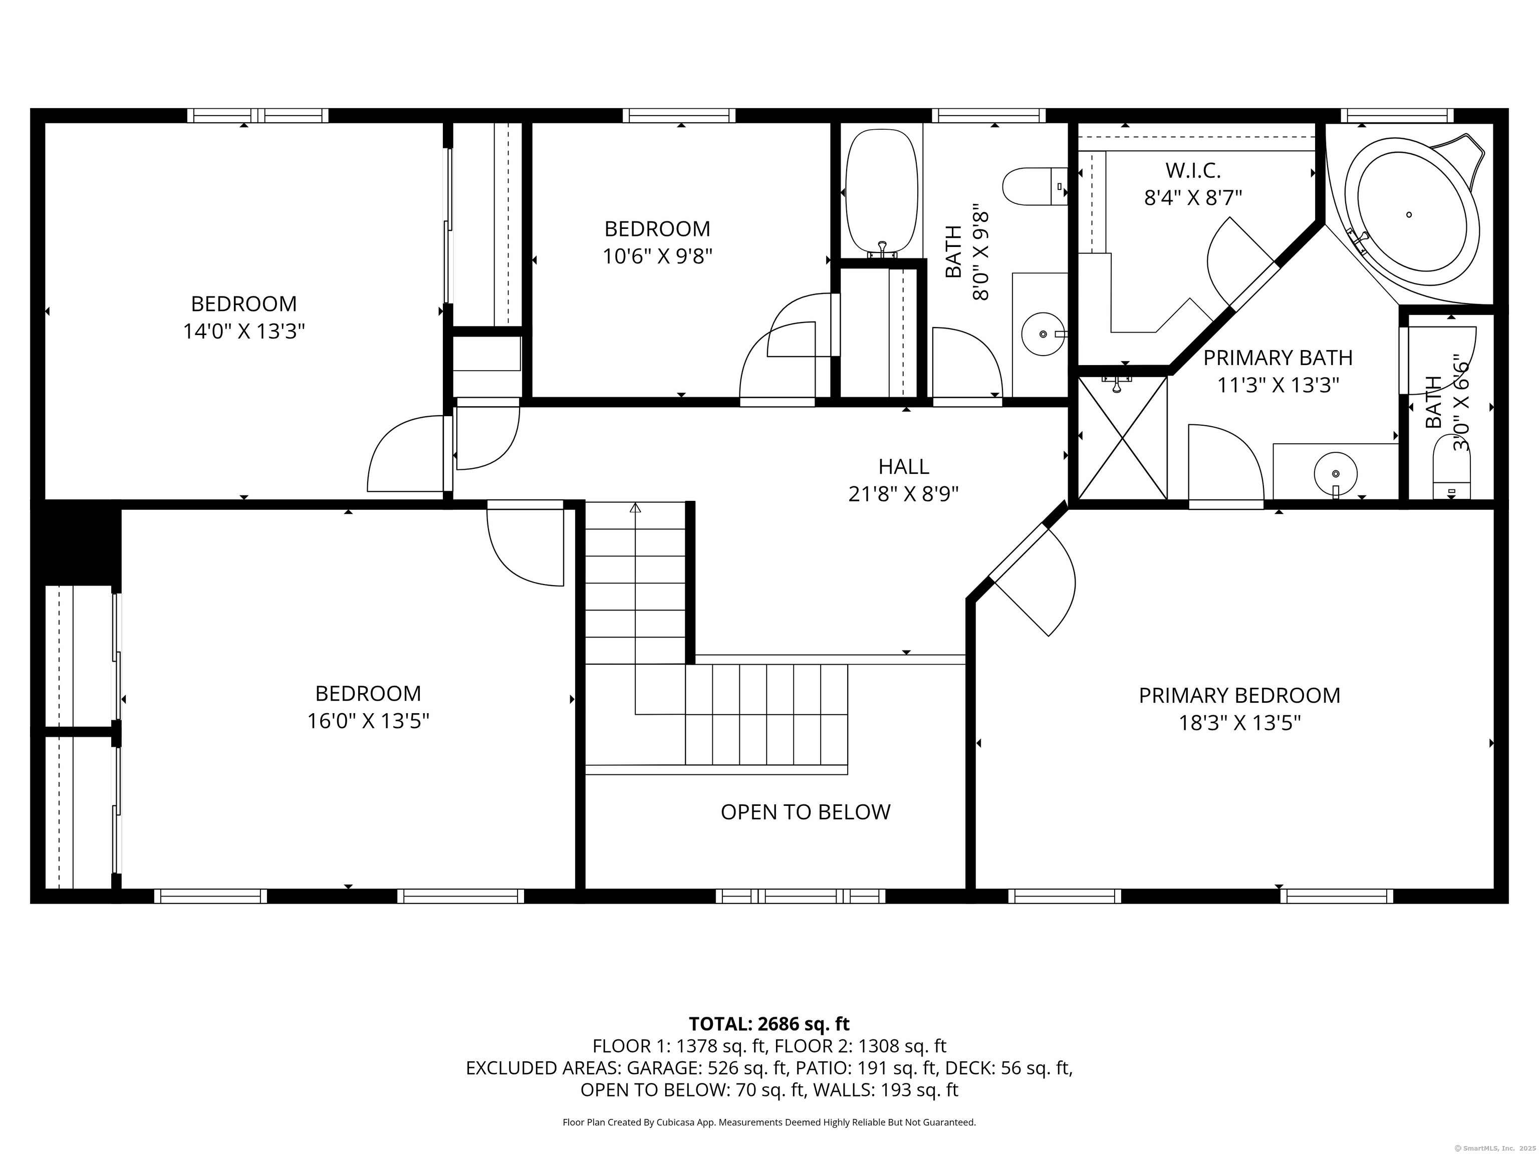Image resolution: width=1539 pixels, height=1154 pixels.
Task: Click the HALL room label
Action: click(x=904, y=466)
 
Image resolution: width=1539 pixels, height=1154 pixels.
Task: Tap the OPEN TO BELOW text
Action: click(x=806, y=812)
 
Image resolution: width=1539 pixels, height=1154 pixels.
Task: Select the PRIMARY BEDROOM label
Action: click(x=1239, y=696)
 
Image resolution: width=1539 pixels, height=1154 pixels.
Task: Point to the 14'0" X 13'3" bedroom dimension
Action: click(x=244, y=331)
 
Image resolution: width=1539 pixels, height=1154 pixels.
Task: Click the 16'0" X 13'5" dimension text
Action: click(x=368, y=721)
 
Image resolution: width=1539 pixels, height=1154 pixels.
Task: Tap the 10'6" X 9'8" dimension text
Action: click(x=657, y=256)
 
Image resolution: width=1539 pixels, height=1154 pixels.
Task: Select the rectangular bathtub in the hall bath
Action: click(x=882, y=192)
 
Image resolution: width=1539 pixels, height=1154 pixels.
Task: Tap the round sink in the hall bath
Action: click(x=1043, y=334)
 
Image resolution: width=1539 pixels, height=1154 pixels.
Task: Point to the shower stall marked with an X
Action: click(x=1122, y=438)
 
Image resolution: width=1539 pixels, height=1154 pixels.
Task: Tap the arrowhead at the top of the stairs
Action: click(x=635, y=508)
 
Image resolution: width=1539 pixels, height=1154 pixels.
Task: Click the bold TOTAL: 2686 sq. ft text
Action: click(x=769, y=1024)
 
